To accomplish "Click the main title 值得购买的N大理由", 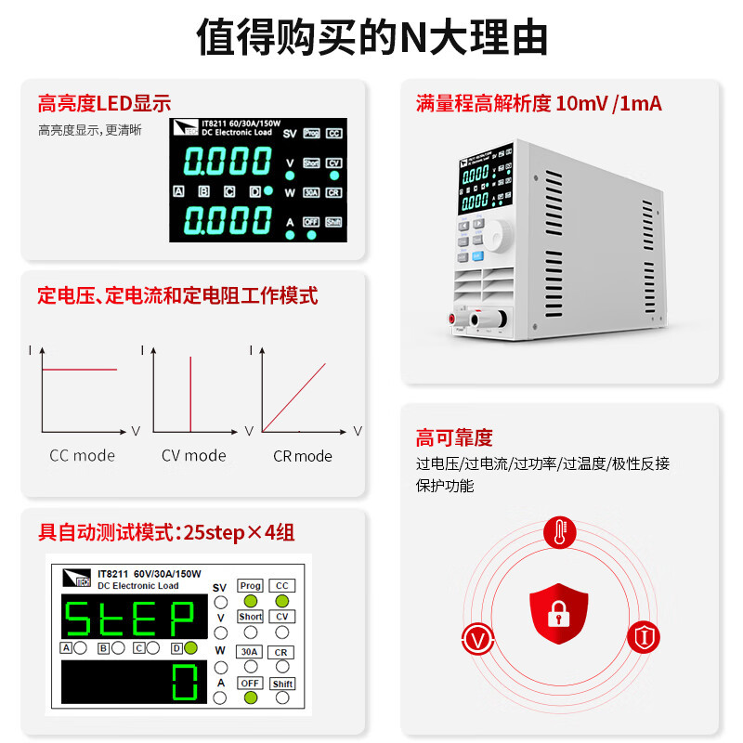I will point(371,39).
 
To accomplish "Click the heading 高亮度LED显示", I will point(104,104).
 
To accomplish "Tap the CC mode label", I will point(82,455).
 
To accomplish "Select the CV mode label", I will point(193,455).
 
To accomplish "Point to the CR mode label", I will point(302,456).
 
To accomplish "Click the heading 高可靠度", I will point(454,438).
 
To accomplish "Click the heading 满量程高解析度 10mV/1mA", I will point(539,104).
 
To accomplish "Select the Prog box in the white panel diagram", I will point(250,586).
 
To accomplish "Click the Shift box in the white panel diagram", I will point(282,684).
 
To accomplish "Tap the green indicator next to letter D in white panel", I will point(190,648).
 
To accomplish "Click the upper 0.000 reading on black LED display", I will point(228,163).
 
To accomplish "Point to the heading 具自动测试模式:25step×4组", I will point(166,533).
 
